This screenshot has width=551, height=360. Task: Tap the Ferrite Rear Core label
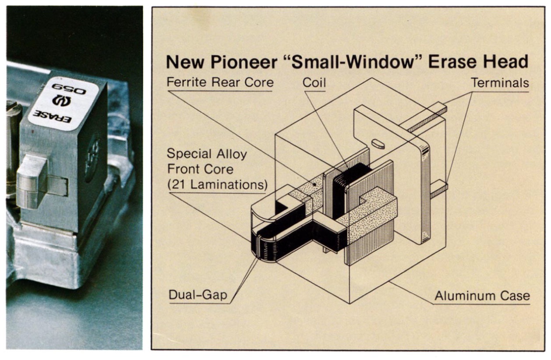[x=220, y=82]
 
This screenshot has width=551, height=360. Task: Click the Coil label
[x=314, y=82]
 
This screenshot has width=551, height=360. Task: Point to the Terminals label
[x=500, y=83]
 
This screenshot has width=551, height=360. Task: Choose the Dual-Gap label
[x=198, y=295]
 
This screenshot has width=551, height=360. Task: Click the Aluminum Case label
[x=482, y=296]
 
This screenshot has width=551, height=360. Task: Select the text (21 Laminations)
[x=217, y=184]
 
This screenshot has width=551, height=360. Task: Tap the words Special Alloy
[x=207, y=154]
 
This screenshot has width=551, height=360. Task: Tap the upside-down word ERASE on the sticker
[x=52, y=116]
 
